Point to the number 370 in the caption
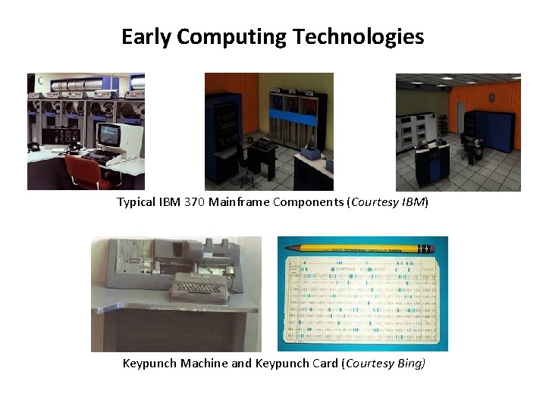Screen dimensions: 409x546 point(194,202)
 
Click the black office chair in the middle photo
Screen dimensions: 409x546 point(243,155)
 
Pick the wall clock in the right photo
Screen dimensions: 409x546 point(491,98)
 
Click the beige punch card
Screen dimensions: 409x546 point(362,303)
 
